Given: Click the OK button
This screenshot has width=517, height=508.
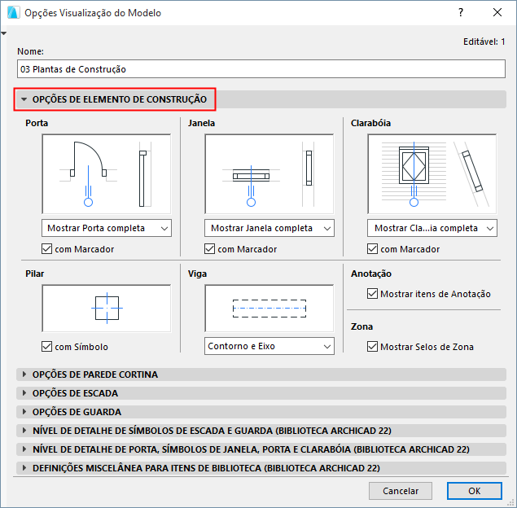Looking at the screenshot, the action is pyautogui.click(x=475, y=491).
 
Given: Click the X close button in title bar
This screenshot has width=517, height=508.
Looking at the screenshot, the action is pyautogui.click(x=497, y=12).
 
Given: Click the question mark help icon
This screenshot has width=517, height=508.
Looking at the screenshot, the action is pyautogui.click(x=461, y=12).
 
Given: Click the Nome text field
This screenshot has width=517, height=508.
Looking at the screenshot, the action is pyautogui.click(x=261, y=69).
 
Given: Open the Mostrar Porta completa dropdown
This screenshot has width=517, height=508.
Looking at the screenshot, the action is pyautogui.click(x=107, y=228).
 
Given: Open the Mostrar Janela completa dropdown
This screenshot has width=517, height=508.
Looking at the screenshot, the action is pyautogui.click(x=269, y=228).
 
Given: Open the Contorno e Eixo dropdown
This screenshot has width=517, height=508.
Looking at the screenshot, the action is pyautogui.click(x=269, y=346).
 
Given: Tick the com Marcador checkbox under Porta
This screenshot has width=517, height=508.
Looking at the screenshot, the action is pyautogui.click(x=47, y=249).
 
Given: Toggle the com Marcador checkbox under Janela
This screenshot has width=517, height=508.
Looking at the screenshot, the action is pyautogui.click(x=210, y=249).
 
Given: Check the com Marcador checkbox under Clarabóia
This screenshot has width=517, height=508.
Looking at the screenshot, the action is pyautogui.click(x=373, y=249).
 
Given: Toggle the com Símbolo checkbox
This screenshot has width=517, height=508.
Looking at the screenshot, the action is pyautogui.click(x=47, y=347).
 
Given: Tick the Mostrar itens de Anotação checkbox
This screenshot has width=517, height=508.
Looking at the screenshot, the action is pyautogui.click(x=373, y=293).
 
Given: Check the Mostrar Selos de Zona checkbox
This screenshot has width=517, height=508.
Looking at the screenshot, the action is pyautogui.click(x=373, y=347).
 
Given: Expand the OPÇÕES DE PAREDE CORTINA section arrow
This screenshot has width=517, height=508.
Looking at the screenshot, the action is pyautogui.click(x=24, y=374).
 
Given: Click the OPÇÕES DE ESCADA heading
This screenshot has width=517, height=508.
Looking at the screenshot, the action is pyautogui.click(x=75, y=393).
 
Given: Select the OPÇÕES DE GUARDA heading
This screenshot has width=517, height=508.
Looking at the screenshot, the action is pyautogui.click(x=77, y=412).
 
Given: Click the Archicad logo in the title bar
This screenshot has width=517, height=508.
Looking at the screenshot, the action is pyautogui.click(x=13, y=12).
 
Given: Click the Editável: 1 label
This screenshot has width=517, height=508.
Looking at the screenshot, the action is pyautogui.click(x=484, y=42).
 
